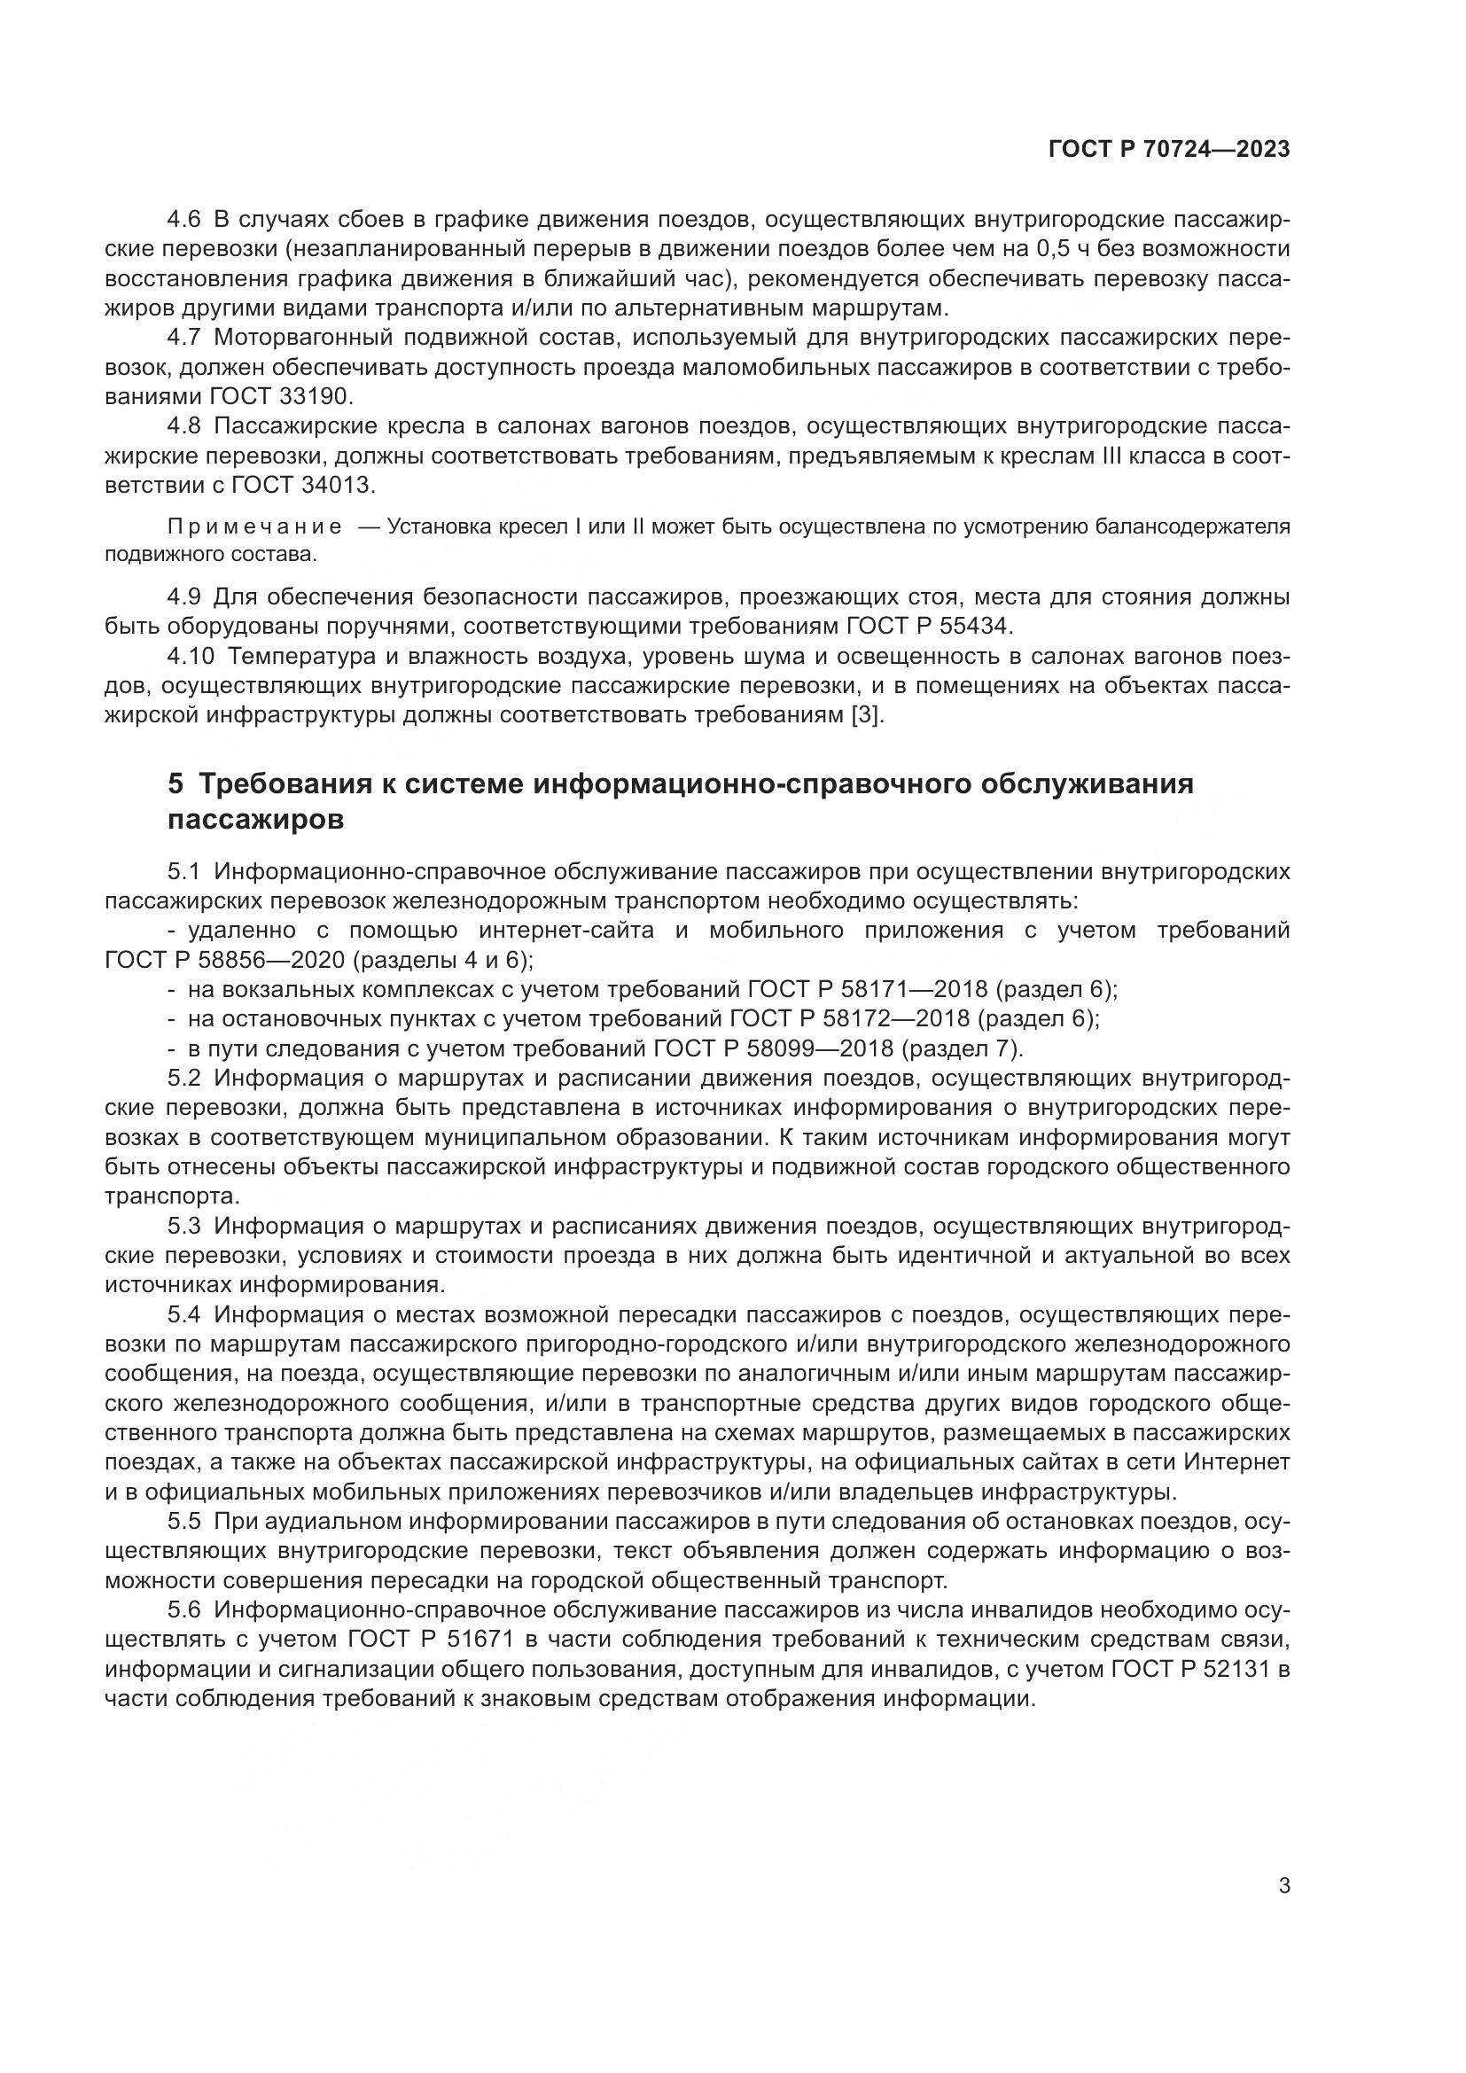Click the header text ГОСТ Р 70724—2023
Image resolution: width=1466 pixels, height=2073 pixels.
tap(1169, 150)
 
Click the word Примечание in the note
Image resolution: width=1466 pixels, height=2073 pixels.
tap(254, 527)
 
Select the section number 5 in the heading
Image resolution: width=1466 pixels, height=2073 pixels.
tap(175, 783)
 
